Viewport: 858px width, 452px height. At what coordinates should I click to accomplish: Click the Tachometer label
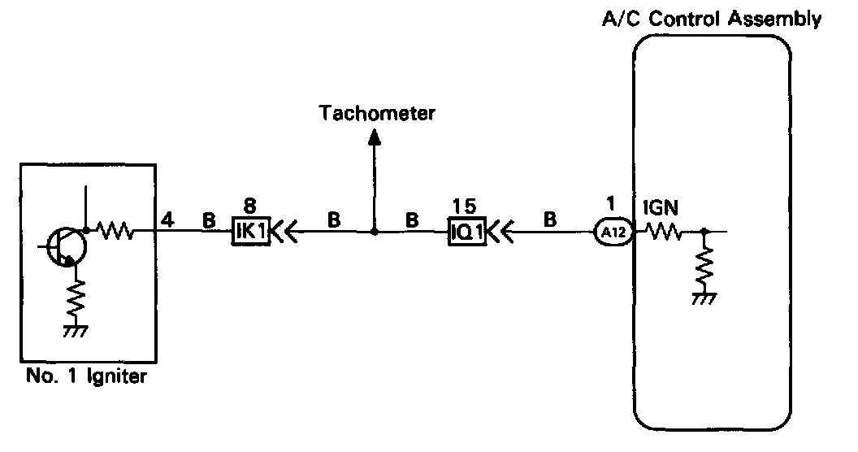[377, 113]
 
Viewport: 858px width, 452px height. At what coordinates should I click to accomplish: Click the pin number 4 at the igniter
[166, 218]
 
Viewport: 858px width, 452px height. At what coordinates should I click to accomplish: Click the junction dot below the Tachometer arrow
[375, 233]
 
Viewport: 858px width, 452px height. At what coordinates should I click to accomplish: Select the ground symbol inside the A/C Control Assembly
[704, 298]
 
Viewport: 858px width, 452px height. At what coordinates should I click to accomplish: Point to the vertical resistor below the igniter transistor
[76, 298]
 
